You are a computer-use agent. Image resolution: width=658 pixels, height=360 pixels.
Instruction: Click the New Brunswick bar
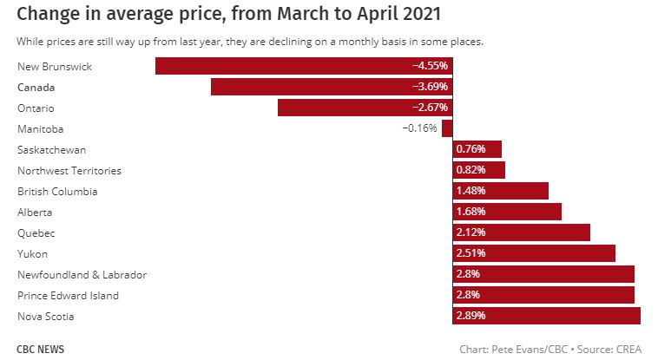tap(304, 66)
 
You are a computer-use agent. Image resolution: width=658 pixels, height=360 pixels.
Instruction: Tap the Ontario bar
tap(365, 108)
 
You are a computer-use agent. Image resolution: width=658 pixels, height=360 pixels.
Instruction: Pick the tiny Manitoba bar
tap(447, 128)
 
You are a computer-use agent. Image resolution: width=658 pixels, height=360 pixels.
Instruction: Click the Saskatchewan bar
tap(477, 149)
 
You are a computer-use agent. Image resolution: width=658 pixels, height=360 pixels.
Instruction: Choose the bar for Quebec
tap(521, 232)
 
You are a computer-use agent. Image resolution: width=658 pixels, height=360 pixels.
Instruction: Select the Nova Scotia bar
tap(547, 316)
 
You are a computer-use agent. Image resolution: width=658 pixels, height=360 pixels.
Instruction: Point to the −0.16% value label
tap(420, 128)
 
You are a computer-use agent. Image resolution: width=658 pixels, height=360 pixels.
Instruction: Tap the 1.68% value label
tap(470, 212)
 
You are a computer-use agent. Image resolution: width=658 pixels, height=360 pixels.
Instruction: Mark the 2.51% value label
tap(470, 253)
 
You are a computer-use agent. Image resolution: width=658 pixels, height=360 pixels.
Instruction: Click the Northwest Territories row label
tap(69, 170)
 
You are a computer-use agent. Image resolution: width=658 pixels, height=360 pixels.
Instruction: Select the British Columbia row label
tap(57, 191)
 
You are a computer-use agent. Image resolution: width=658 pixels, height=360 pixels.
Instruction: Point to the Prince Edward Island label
tap(69, 295)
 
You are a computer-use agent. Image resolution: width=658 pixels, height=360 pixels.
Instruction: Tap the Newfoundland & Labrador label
tap(82, 274)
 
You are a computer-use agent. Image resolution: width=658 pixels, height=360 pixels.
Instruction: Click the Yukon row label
tap(33, 253)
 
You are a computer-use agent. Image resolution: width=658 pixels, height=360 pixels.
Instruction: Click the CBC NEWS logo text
tap(41, 350)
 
